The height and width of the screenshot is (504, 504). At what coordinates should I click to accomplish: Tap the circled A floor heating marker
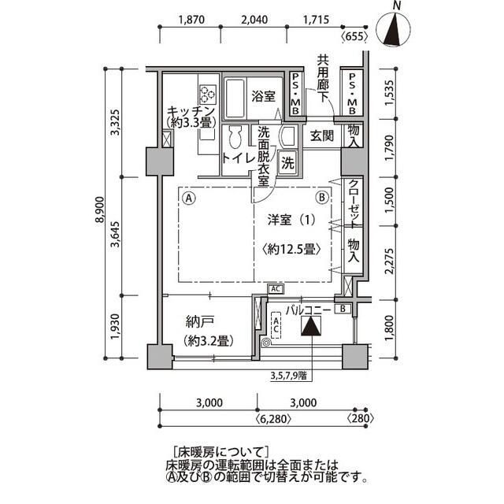tap(189, 198)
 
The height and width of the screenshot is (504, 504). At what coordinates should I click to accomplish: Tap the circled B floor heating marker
tap(321, 198)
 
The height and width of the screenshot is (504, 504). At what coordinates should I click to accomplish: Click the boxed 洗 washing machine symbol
tap(288, 164)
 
